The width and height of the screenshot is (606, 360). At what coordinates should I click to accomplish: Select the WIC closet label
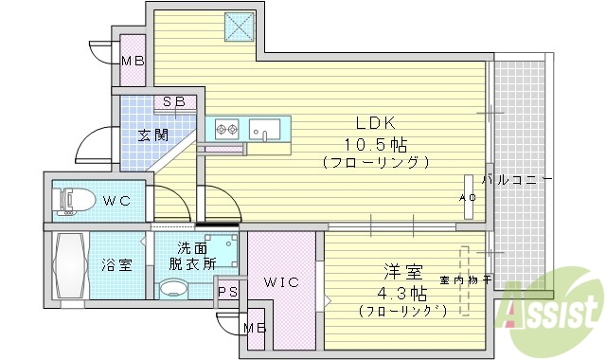pyautogui.click(x=280, y=281)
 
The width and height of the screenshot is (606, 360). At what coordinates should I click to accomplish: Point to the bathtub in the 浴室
pyautogui.click(x=69, y=266)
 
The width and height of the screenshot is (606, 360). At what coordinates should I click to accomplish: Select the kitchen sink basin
pyautogui.click(x=262, y=128)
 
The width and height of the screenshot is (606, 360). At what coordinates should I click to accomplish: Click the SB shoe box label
pyautogui.click(x=173, y=101)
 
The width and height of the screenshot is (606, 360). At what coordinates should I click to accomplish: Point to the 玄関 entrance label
pyautogui.click(x=152, y=135)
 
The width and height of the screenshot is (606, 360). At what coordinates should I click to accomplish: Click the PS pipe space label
pyautogui.click(x=227, y=292)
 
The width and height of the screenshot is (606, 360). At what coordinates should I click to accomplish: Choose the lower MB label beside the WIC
pyautogui.click(x=253, y=328)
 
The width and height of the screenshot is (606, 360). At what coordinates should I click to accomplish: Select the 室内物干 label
pyautogui.click(x=465, y=279)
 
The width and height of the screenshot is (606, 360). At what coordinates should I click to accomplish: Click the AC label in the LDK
pyautogui.click(x=467, y=197)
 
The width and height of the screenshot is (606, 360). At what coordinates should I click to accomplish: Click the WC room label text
pyautogui.click(x=117, y=201)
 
